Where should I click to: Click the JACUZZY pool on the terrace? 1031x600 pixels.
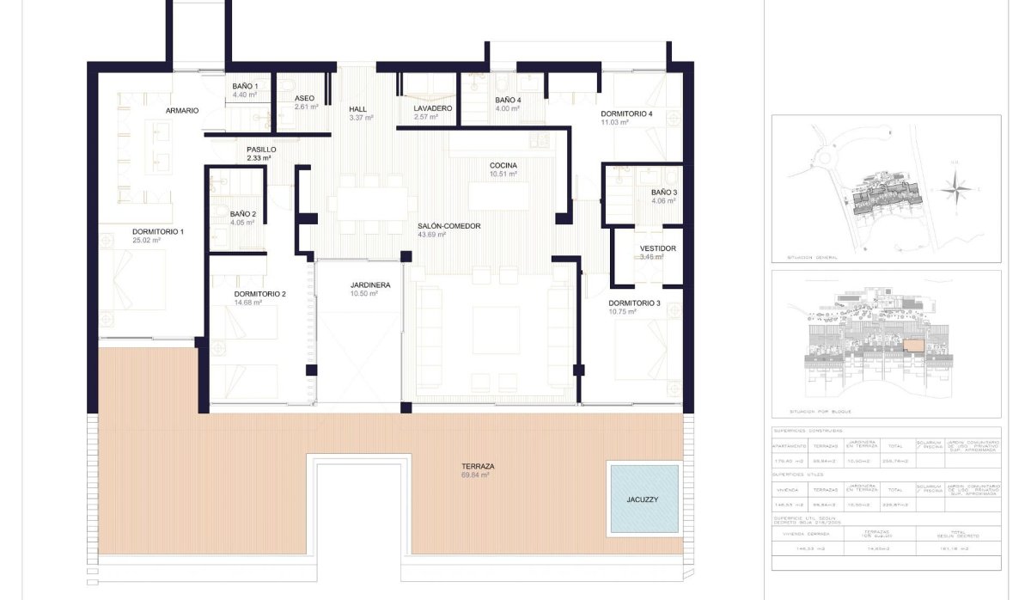[x=644, y=499]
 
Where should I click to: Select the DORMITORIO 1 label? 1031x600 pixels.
[x=157, y=232]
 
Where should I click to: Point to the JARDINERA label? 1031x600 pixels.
[x=370, y=285]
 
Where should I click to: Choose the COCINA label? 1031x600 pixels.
[x=503, y=165]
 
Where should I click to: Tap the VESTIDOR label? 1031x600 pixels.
[x=658, y=248]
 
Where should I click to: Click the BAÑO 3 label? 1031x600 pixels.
[x=663, y=193]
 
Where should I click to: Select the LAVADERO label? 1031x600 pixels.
[x=432, y=108]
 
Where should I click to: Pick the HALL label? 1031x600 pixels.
[x=358, y=109]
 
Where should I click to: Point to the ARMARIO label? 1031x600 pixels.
[x=182, y=111]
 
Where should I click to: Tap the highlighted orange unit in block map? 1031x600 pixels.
[x=913, y=346]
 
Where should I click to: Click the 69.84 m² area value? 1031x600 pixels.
[x=475, y=475]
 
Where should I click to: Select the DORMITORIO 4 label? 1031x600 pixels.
[x=626, y=114]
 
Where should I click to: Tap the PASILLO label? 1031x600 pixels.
[x=261, y=150]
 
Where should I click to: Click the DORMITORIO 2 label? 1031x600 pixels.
[x=259, y=294]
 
